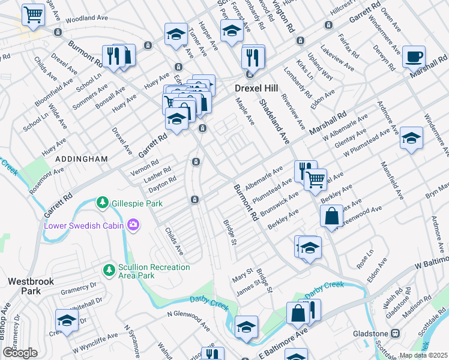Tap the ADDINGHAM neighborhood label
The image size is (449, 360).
coord(81,159)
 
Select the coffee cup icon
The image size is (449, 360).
coord(414,57)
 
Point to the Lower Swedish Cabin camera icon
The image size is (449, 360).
coord(133,226)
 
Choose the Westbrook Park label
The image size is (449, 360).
coord(24,285)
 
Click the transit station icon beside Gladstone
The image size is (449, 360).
coord(395,334)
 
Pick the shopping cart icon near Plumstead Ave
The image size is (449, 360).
coord(315,178)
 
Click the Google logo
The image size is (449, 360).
coord(20,353)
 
